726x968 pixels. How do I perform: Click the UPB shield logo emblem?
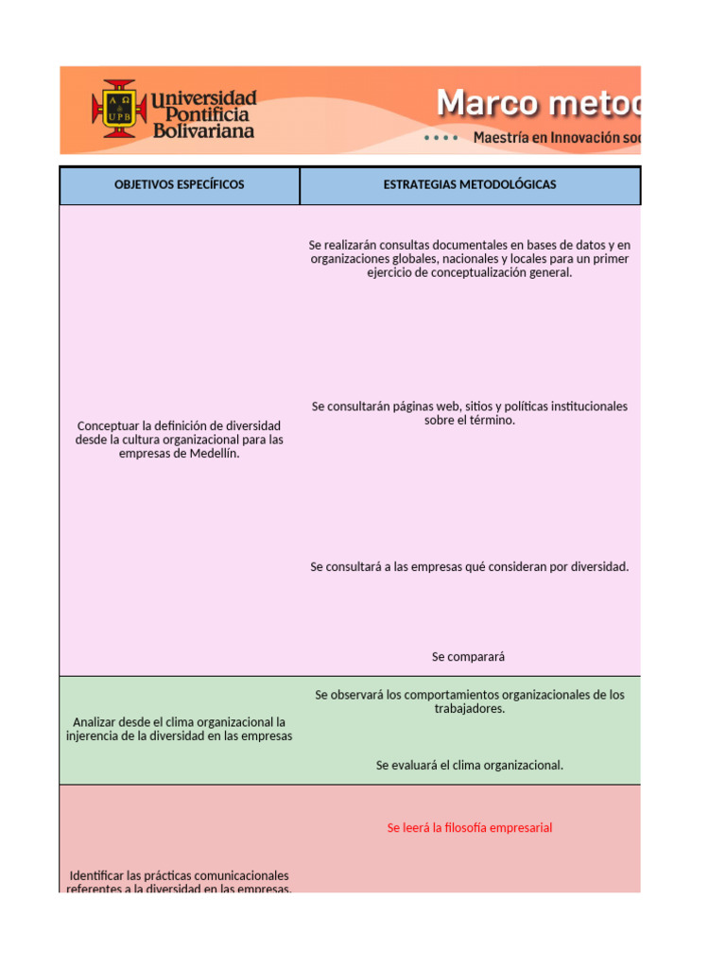pos(118,109)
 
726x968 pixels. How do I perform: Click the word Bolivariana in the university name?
pos(203,131)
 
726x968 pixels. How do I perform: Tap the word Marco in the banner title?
pos(490,103)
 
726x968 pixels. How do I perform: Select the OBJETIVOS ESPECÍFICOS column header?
pos(180,185)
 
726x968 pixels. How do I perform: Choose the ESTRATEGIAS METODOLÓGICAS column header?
pos(470,185)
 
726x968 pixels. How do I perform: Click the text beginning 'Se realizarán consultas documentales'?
pos(470,259)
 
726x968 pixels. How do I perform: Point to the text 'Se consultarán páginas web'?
pos(470,413)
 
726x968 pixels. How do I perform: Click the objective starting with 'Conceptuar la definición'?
pos(180,440)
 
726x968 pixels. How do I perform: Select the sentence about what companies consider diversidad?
pos(470,567)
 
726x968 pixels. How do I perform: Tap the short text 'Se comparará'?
pos(470,656)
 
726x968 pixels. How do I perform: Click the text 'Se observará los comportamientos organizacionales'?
pos(470,701)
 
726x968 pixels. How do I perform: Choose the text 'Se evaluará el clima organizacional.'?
pos(470,765)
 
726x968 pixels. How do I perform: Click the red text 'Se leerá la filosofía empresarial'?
pos(470,828)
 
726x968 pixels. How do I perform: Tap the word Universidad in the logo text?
pos(203,98)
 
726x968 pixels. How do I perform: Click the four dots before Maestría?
pos(441,138)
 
